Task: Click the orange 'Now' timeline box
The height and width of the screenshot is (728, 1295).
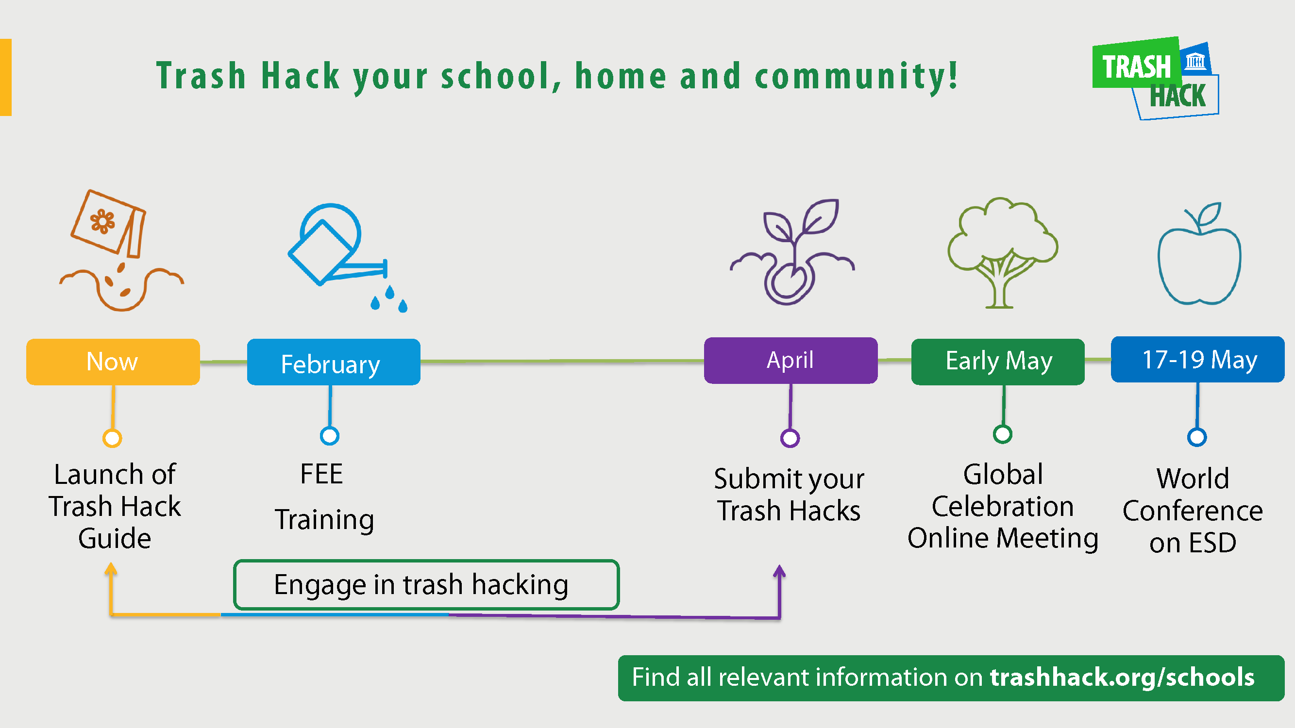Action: tap(113, 362)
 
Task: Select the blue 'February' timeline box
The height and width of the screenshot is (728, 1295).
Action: tap(333, 362)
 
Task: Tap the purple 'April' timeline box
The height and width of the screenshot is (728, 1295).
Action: tap(791, 360)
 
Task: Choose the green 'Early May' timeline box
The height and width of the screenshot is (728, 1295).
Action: tap(998, 362)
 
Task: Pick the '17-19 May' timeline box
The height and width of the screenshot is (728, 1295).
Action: tap(1197, 359)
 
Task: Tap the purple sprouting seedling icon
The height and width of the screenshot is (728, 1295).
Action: tap(792, 252)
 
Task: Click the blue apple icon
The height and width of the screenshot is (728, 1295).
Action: tap(1199, 254)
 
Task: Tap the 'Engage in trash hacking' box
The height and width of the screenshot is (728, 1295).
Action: tap(426, 584)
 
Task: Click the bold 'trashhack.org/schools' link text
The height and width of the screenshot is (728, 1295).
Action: tap(1122, 677)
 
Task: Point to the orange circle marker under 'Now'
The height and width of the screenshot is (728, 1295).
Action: tap(112, 438)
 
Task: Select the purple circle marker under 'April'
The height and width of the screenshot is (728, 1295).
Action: tap(790, 438)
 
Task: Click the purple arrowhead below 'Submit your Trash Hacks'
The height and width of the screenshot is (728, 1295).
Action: tap(779, 571)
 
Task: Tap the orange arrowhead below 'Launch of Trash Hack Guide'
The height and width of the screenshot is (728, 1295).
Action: tap(111, 569)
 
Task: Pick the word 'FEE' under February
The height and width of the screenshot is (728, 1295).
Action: tap(322, 474)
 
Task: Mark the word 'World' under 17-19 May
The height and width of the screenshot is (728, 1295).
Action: tap(1193, 479)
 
